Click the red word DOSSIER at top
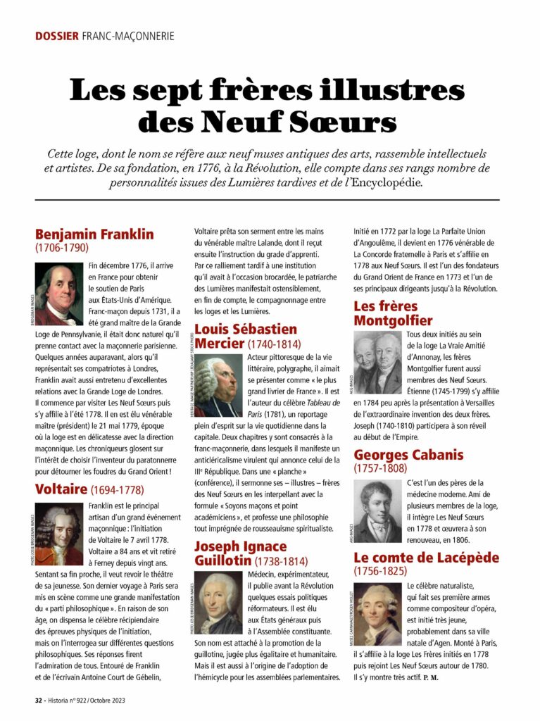(56, 35)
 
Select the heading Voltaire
(61, 488)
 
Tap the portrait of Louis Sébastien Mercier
(218, 386)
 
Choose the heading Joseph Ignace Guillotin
(241, 553)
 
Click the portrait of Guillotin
(218, 603)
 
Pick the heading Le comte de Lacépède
(426, 558)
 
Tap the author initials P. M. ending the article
(429, 677)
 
